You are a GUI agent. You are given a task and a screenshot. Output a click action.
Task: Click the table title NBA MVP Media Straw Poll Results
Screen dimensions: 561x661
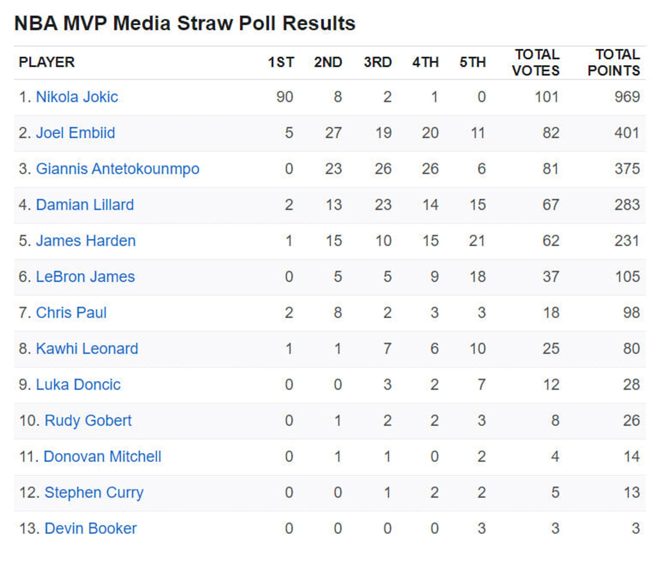(185, 24)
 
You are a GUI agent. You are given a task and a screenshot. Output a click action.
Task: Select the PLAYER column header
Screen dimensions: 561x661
(47, 62)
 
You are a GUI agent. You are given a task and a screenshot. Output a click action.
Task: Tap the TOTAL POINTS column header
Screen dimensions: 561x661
(613, 62)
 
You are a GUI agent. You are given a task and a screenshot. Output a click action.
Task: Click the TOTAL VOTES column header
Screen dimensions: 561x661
(536, 62)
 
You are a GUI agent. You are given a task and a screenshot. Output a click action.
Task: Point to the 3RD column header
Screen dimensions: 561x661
(378, 62)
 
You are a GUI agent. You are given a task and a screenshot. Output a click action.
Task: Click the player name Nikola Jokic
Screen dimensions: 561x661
(77, 97)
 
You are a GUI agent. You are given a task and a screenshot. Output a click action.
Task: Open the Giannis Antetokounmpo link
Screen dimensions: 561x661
(118, 169)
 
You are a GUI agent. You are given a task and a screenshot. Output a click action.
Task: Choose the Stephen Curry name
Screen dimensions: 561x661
(94, 493)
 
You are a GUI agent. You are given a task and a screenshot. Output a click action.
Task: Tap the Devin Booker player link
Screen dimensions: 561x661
(91, 528)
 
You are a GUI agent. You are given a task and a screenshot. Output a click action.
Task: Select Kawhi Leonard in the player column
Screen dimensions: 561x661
(87, 349)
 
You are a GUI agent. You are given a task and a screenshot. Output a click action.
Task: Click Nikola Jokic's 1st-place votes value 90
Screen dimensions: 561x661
(285, 97)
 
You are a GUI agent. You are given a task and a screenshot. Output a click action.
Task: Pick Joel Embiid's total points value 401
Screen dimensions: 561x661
(627, 133)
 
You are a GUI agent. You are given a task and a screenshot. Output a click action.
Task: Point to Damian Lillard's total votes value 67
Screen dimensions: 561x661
(551, 205)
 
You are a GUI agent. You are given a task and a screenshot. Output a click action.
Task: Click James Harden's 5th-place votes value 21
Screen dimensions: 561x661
(477, 241)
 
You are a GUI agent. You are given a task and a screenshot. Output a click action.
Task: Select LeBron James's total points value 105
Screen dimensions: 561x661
(627, 277)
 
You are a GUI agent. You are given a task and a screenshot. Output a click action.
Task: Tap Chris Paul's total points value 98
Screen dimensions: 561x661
(631, 313)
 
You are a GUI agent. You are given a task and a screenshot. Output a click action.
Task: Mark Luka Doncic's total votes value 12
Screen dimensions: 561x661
(551, 385)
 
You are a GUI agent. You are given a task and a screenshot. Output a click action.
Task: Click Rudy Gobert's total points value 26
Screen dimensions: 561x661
(631, 421)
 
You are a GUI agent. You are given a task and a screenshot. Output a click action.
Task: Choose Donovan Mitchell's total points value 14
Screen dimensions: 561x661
(631, 456)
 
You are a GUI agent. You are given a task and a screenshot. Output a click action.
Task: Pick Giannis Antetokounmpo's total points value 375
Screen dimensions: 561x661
(627, 169)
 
